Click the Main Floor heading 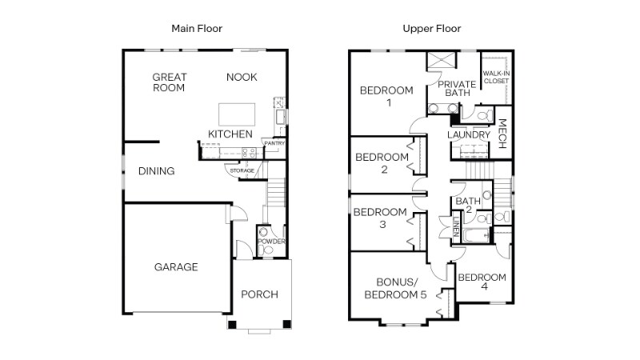point(197,29)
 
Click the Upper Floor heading point(432,29)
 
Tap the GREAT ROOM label point(170,82)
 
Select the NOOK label point(241,77)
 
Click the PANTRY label point(274,143)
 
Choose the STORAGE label point(242,170)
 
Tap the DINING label point(156,171)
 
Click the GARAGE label point(176,267)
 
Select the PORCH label point(260,294)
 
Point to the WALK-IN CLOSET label point(496,77)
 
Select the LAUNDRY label point(469,135)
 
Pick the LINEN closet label point(456,227)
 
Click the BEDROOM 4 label point(482,282)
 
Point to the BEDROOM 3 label point(381,218)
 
